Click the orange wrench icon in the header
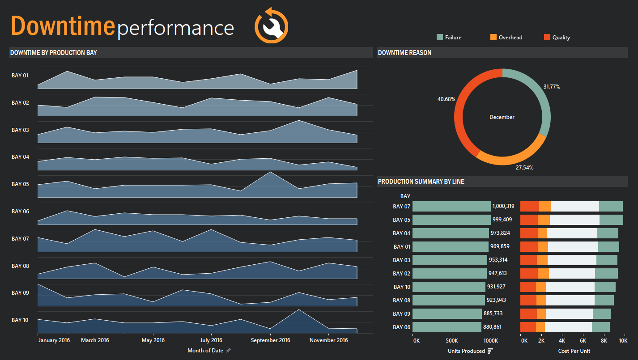(x=272, y=25)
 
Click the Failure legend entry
(x=453, y=38)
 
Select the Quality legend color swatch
(x=547, y=38)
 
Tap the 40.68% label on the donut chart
(x=446, y=99)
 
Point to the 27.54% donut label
(x=524, y=167)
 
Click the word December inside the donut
(x=502, y=117)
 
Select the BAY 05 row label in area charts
(x=20, y=184)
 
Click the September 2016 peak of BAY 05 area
(x=270, y=172)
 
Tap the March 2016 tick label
(x=95, y=340)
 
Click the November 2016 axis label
(x=329, y=340)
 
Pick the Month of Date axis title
(x=205, y=351)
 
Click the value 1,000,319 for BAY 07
(x=503, y=207)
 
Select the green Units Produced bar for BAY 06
(x=447, y=327)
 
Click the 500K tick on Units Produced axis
(x=452, y=340)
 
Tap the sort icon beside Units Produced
(x=490, y=351)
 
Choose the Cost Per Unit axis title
(x=574, y=351)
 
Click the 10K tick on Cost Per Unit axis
(x=623, y=340)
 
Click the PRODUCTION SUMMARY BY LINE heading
(x=421, y=182)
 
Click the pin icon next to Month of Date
(x=228, y=351)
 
